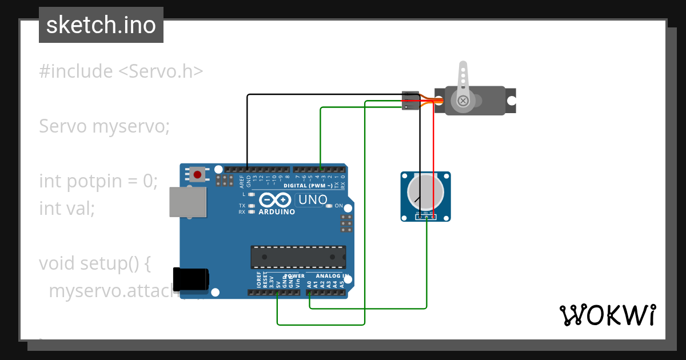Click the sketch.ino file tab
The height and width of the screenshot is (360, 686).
pyautogui.click(x=101, y=25)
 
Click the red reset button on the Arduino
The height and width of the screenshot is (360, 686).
pyautogui.click(x=198, y=174)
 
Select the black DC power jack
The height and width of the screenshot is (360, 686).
pyautogui.click(x=190, y=279)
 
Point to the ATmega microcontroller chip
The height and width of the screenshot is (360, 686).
pyautogui.click(x=298, y=257)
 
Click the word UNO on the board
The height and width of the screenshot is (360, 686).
pyautogui.click(x=313, y=200)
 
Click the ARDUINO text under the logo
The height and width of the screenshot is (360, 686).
pyautogui.click(x=277, y=212)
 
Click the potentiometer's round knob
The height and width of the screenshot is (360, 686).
pyautogui.click(x=425, y=193)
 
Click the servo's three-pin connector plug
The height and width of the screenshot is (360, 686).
pyautogui.click(x=410, y=101)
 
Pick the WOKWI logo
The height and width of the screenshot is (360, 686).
pyautogui.click(x=607, y=315)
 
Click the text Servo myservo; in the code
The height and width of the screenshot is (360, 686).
pyautogui.click(x=104, y=126)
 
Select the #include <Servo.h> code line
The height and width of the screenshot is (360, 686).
pyautogui.click(x=121, y=71)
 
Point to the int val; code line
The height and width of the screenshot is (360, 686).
pyautogui.click(x=66, y=209)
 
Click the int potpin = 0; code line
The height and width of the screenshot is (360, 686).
pyautogui.click(x=98, y=181)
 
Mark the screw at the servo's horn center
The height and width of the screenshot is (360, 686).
pyautogui.click(x=462, y=101)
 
